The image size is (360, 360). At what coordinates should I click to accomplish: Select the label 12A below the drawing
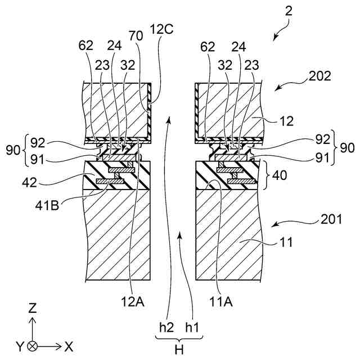[x=134, y=303]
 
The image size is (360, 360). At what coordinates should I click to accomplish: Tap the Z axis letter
[x=33, y=308]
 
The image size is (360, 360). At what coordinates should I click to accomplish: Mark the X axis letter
[x=69, y=345]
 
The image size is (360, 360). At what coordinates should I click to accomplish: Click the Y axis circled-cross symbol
[x=33, y=345]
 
